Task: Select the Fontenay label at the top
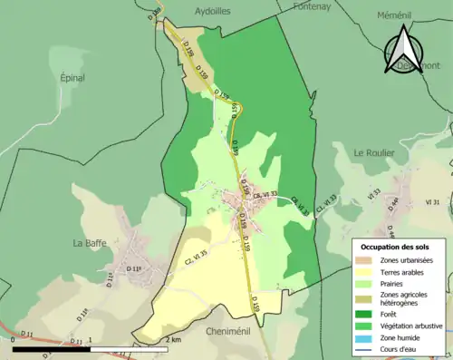pos(314,5)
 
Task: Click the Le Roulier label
pos(373,152)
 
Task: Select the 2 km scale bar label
pos(174,339)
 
